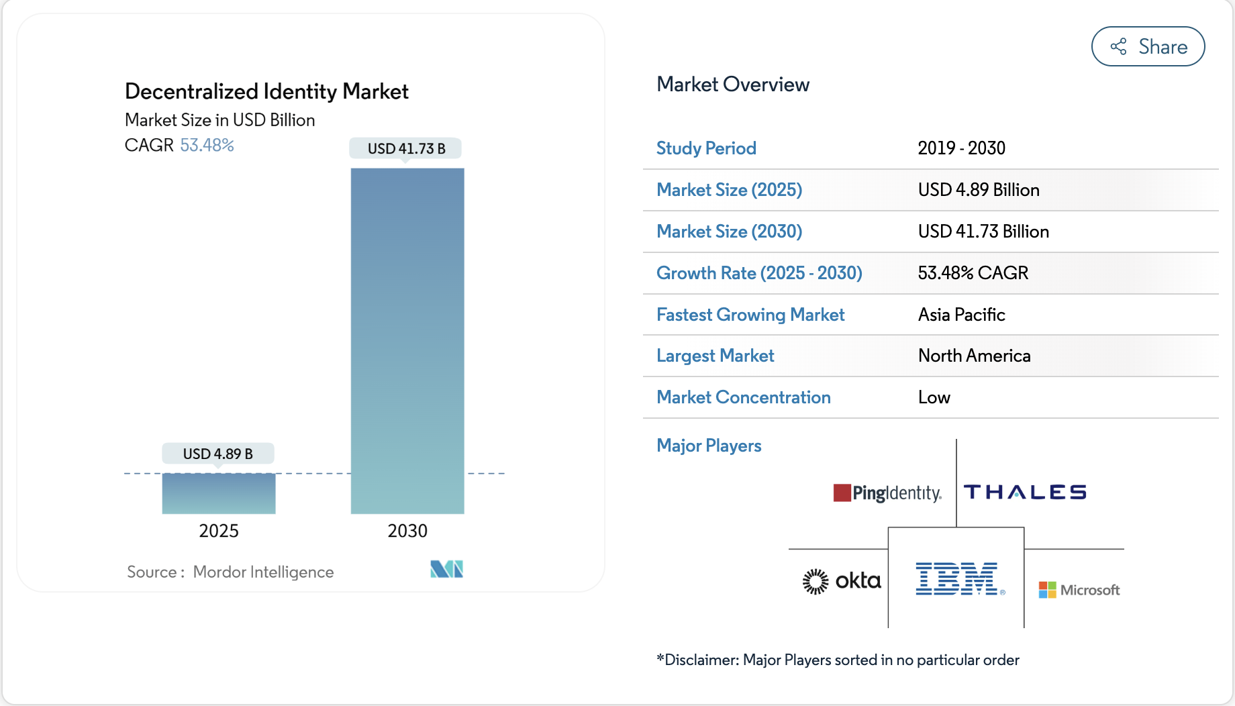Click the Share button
(x=1148, y=46)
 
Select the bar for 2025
(x=219, y=493)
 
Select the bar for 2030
(x=407, y=341)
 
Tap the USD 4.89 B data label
(x=218, y=454)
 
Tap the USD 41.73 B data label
(x=406, y=148)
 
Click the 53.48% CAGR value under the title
(x=207, y=145)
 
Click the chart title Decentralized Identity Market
(x=266, y=91)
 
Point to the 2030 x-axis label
(x=407, y=531)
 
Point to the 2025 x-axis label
(x=219, y=531)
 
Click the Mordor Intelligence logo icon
(x=446, y=569)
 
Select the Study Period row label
(x=706, y=148)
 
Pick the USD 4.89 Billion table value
(x=979, y=190)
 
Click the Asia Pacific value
(x=961, y=315)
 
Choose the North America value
(x=974, y=356)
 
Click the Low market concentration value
(x=934, y=397)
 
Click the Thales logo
(x=1025, y=493)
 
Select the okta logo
(x=842, y=581)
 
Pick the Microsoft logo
(x=1079, y=590)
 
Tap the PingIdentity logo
(x=887, y=493)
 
